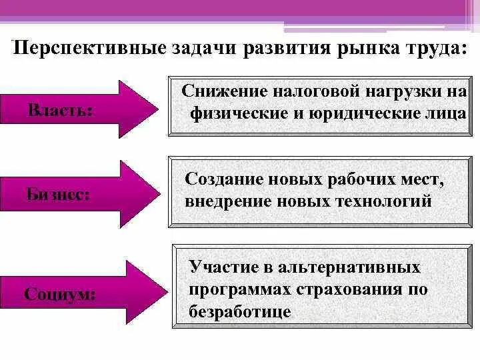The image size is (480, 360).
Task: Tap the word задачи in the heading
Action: point(199,49)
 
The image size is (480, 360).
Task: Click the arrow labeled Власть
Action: point(81,109)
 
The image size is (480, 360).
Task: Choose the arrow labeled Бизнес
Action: point(81,194)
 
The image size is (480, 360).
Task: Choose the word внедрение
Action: point(227,200)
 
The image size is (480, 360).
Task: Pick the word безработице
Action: point(240,311)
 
